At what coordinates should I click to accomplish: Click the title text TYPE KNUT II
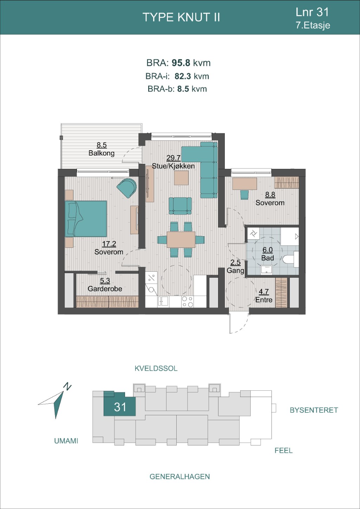coord(181,17)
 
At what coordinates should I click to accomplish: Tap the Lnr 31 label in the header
coord(312,12)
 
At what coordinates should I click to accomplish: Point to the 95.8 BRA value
coord(181,63)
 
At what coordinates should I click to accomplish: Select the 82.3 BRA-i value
coord(183,77)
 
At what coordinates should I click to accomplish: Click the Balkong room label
coord(102,153)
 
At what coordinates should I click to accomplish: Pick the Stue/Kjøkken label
coord(173,166)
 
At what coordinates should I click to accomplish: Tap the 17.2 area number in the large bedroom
coord(109,244)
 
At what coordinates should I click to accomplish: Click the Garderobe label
coord(105,289)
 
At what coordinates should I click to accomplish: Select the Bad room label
coord(267,258)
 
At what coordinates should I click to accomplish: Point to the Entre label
coord(264,300)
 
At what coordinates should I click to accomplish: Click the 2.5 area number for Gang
coord(235,263)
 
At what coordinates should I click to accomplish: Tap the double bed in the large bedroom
coord(86,219)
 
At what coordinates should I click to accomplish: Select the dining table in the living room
coord(181,239)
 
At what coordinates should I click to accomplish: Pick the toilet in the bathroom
coord(291,259)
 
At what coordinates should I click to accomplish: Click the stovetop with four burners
coord(188,302)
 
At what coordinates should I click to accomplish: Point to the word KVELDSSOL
coord(156,368)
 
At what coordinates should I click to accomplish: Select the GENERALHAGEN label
coord(180,476)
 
